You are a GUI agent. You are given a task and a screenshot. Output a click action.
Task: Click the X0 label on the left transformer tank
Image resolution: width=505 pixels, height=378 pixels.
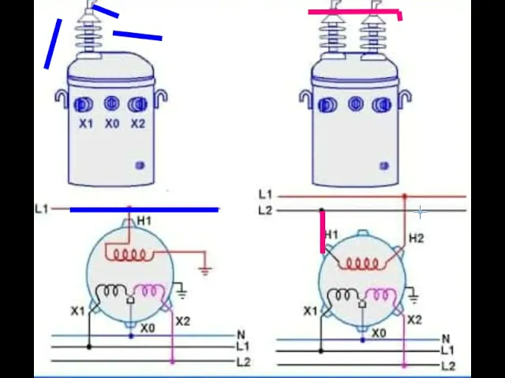(x=111, y=124)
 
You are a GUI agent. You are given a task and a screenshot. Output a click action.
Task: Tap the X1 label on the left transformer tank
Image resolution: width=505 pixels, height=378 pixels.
(x=85, y=124)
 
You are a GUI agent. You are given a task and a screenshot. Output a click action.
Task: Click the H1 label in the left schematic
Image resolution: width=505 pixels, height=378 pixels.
(x=144, y=221)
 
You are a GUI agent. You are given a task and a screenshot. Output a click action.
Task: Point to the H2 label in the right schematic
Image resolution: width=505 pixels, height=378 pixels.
(x=416, y=238)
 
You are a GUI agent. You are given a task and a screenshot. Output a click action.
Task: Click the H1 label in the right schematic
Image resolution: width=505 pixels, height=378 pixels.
(x=331, y=235)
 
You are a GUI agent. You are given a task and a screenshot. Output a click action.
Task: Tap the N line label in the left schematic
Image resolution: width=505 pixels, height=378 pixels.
(x=241, y=335)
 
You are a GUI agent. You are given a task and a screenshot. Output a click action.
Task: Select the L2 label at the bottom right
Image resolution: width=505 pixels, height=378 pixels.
(x=447, y=365)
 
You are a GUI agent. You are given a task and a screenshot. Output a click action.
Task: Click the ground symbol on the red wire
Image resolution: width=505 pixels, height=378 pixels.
(x=205, y=269)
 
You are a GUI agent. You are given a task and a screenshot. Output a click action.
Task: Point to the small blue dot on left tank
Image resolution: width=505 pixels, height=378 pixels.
(x=140, y=165)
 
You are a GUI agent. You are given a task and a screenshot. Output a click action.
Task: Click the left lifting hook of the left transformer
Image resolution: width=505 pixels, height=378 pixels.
(x=61, y=98)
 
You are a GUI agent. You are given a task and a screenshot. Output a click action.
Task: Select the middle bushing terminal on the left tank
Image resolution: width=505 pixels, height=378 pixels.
(x=111, y=104)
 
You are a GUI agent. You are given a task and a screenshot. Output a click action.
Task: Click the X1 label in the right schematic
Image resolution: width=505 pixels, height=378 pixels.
(x=310, y=312)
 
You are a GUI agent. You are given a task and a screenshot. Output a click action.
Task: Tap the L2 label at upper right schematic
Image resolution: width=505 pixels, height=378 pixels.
(x=264, y=210)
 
